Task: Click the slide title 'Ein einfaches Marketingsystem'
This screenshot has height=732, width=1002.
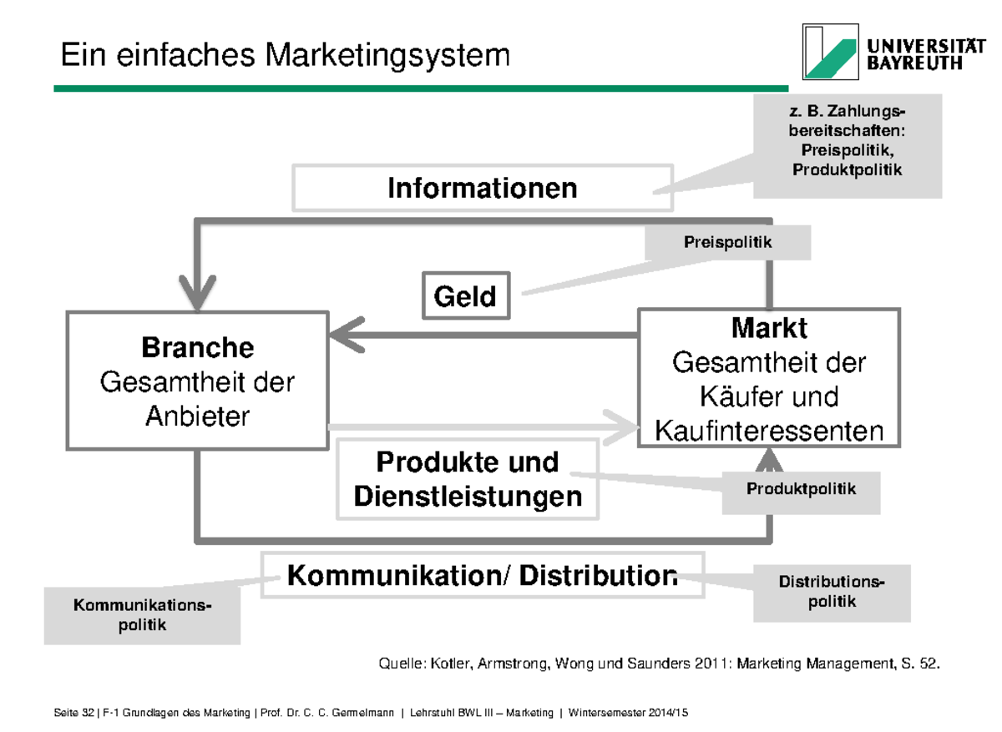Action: pos(285,56)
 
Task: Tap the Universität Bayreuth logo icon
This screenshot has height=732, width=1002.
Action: pos(829,51)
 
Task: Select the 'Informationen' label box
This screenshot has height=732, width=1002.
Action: pos(482,188)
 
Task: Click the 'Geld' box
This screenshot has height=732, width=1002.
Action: pos(465,296)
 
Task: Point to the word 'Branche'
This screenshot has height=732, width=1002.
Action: pos(197,346)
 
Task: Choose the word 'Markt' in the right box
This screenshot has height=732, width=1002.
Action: pos(768,328)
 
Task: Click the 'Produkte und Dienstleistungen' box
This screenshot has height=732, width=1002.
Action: pos(468,480)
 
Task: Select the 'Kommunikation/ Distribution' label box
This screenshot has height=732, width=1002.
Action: pos(482,575)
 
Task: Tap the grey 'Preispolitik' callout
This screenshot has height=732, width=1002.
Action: pos(727,244)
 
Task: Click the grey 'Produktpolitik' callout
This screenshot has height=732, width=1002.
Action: pos(801,490)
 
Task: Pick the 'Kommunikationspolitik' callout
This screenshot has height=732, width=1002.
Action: pos(142,614)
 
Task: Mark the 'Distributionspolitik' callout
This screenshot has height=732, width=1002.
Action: pos(832,592)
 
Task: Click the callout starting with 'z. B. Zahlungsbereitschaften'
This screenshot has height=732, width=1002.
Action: pos(847,146)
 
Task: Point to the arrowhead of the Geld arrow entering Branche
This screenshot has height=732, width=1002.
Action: pos(343,336)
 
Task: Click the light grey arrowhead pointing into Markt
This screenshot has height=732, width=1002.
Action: pos(622,426)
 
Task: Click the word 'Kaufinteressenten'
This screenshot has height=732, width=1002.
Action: pos(768,431)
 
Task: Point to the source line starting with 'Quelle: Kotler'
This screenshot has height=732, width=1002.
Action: pos(660,664)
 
